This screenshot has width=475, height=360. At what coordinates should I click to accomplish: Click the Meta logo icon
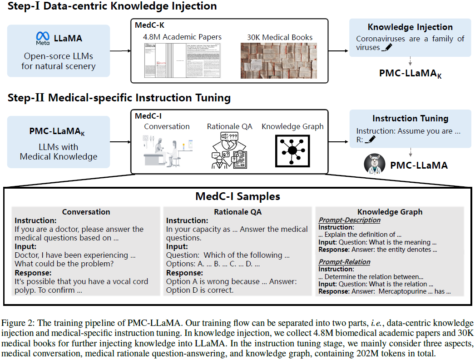[42, 38]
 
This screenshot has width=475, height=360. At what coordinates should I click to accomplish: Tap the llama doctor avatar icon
[375, 164]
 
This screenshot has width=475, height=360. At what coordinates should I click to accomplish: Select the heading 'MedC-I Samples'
[237, 196]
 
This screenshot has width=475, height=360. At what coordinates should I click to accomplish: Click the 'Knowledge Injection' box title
[410, 27]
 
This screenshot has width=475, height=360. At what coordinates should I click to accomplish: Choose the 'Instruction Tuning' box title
[410, 119]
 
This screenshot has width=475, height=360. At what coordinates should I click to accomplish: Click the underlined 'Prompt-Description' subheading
[349, 220]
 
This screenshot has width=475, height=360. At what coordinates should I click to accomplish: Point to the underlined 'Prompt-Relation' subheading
[344, 262]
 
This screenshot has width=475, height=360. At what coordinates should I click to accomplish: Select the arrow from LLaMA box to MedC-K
[120, 50]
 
